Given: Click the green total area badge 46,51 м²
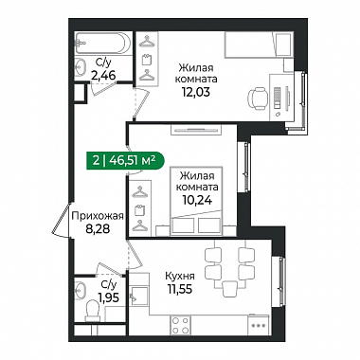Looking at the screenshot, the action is coord(125,161).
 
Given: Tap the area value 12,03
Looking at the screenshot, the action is coord(196,92).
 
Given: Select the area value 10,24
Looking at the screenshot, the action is coord(196,200).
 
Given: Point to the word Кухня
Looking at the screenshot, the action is coord(180,276).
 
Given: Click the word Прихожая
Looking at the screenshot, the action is coord(98,216).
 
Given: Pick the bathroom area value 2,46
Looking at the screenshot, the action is coord(103,76).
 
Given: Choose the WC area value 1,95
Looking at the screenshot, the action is coord(108,297).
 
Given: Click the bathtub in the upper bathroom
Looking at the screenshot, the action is coord(103,44).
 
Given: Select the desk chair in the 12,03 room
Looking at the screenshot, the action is coord(257,98).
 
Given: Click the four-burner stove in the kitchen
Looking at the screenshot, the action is coord(180,325).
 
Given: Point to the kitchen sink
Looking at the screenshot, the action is coord(139,296).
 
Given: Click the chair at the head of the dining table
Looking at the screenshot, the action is coord(229,289).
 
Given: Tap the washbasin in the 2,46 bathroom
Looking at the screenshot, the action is coord(81,67).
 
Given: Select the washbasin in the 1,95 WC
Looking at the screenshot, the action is coord(81,290).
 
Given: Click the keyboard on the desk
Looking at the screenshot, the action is coord(277,96).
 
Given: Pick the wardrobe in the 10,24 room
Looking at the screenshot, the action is coord(139,208).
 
